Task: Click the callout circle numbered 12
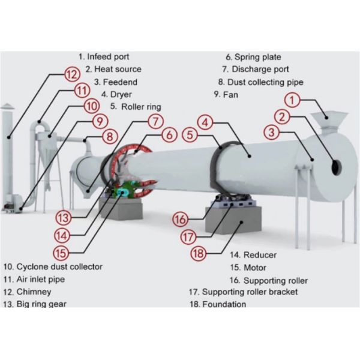click(x=72, y=75)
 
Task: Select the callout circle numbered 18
click(x=200, y=253)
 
